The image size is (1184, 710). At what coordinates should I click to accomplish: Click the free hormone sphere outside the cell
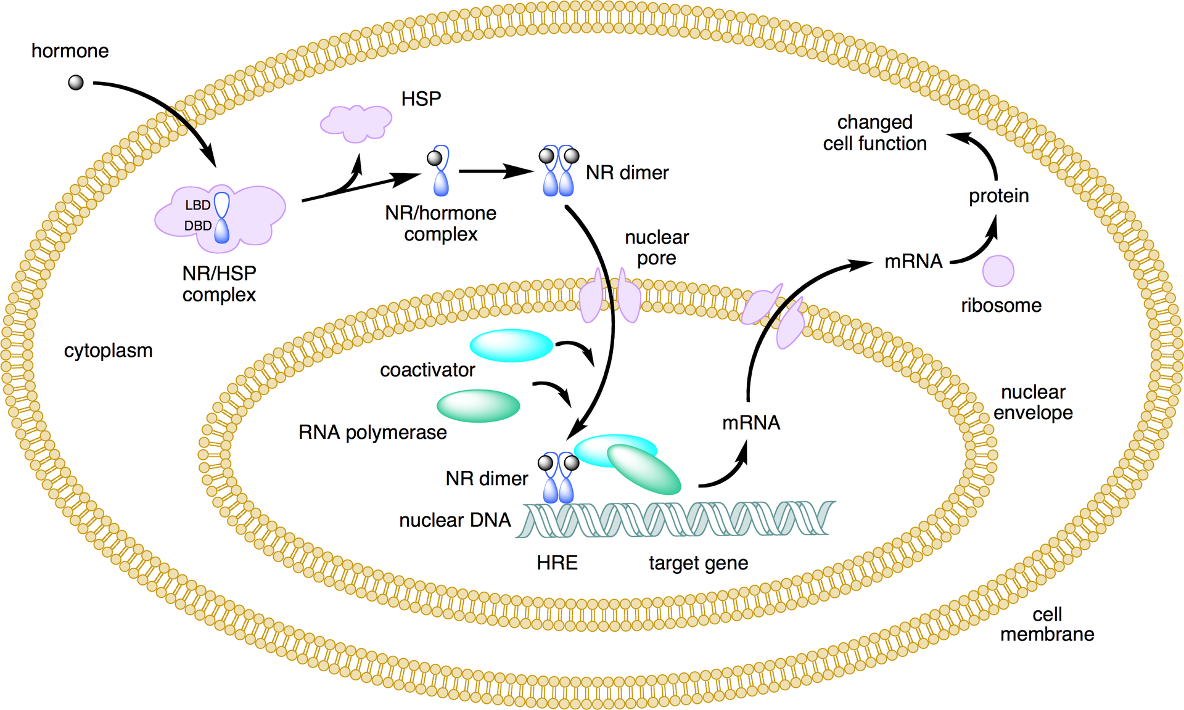pyautogui.click(x=76, y=83)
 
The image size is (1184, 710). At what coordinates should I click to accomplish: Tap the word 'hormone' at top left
pyautogui.click(x=70, y=51)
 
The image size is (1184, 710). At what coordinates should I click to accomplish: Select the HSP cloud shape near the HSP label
pyautogui.click(x=356, y=122)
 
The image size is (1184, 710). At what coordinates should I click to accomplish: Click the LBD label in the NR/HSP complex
pyautogui.click(x=198, y=205)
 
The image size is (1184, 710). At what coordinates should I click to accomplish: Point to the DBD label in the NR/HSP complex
pyautogui.click(x=197, y=226)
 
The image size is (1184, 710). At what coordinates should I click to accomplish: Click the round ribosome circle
pyautogui.click(x=998, y=271)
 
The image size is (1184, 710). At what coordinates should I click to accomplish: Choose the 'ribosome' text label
pyautogui.click(x=1001, y=305)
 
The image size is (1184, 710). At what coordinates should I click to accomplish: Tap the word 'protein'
pyautogui.click(x=998, y=196)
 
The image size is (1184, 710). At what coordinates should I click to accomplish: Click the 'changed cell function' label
pyautogui.click(x=874, y=133)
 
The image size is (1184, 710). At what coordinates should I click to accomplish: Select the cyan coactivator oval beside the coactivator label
pyautogui.click(x=511, y=345)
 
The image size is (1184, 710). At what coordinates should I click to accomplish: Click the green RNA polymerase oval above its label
pyautogui.click(x=478, y=406)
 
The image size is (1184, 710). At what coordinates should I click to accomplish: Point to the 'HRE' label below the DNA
pyautogui.click(x=557, y=563)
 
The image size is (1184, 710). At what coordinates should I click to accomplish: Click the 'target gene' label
pyautogui.click(x=698, y=563)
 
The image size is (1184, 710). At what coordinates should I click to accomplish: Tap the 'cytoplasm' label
pyautogui.click(x=108, y=351)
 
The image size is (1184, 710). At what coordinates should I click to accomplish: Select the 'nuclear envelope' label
pyautogui.click(x=1033, y=402)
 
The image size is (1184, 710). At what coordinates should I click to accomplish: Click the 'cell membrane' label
pyautogui.click(x=1046, y=624)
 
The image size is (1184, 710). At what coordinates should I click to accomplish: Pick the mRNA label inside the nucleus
pyautogui.click(x=750, y=423)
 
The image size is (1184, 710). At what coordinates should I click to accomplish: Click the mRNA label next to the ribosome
pyautogui.click(x=913, y=261)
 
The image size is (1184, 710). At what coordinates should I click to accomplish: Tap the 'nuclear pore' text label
pyautogui.click(x=656, y=247)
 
